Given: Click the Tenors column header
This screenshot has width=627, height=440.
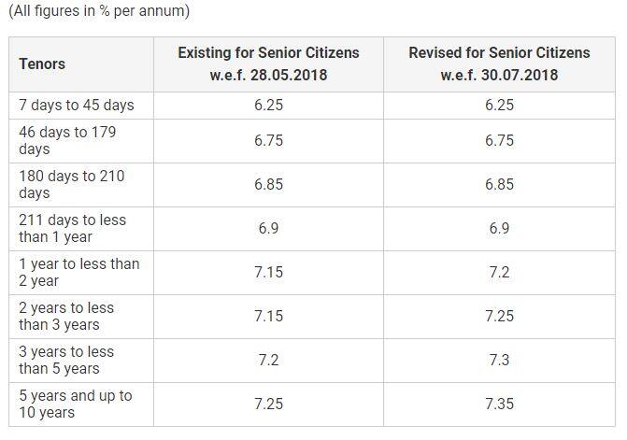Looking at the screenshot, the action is pos(42,64).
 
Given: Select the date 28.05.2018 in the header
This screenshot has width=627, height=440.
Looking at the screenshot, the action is pos(289,75).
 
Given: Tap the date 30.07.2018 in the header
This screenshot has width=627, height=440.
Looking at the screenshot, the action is pos(520,75).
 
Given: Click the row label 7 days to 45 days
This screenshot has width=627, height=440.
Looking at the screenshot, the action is pos(77,106).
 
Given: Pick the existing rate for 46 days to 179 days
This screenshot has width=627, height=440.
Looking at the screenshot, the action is pos(269,141).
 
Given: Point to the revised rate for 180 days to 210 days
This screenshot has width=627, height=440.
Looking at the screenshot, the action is pos(499,185).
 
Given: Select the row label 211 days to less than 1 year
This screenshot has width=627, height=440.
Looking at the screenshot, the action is pos(72,228).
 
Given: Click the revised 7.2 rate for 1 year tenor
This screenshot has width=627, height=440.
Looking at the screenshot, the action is pos(499,273).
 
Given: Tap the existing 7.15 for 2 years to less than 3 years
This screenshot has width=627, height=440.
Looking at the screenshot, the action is pos(269,316).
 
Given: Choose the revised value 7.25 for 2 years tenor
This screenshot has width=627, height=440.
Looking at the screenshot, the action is pos(499,316).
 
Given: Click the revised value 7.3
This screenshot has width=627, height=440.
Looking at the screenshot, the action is pos(499,360).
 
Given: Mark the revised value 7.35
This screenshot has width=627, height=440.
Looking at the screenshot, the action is pos(499,404).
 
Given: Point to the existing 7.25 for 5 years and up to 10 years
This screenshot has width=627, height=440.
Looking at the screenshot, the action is pos(269,404).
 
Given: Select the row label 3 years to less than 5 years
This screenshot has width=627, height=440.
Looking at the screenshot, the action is pos(66,360).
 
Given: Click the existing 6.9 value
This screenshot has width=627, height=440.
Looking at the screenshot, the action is pos(269,229).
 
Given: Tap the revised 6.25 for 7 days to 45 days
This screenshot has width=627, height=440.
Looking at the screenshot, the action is pos(499,106).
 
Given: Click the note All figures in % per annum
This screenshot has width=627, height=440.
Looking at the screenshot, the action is pos(99,11).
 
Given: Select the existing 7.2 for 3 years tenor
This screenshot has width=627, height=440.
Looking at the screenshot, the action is pos(269,360).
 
